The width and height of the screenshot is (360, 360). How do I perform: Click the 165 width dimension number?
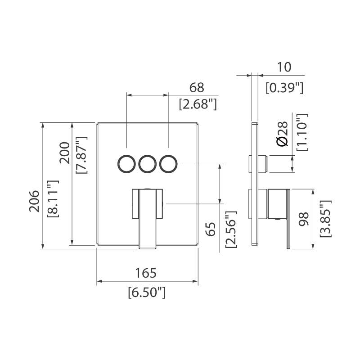[146, 273]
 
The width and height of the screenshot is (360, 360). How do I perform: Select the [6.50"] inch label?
[147, 292]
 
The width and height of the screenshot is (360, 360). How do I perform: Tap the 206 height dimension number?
[34, 201]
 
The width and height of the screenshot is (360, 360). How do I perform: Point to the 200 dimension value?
[64, 153]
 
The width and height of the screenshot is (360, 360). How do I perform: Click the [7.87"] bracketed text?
[81, 155]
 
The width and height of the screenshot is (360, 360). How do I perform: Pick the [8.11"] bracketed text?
[53, 198]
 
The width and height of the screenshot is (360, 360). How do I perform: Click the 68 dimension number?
[197, 87]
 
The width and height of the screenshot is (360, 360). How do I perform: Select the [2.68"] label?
[198, 104]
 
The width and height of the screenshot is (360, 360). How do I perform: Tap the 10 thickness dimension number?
[284, 67]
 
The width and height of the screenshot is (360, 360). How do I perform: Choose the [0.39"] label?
[284, 88]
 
